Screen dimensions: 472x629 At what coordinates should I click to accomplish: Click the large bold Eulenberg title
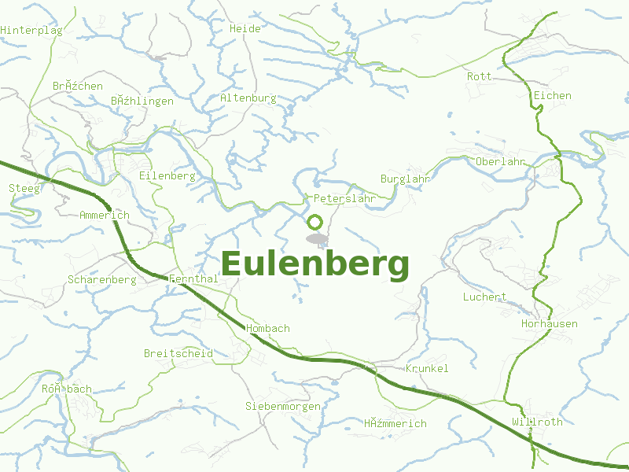tap(315, 264)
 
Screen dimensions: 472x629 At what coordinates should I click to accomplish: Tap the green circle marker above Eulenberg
tap(314, 223)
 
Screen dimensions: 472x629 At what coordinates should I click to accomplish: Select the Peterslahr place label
tap(344, 199)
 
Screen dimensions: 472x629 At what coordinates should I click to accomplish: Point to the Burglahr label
tap(405, 179)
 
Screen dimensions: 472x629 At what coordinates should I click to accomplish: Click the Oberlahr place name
tap(500, 161)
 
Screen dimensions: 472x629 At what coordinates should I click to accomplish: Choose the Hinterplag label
tap(31, 30)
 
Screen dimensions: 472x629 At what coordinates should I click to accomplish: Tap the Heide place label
tap(245, 28)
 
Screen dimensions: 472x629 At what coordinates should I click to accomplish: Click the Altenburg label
tap(248, 98)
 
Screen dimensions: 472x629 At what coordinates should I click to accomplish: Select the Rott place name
tap(479, 76)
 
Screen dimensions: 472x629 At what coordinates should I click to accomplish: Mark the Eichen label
tap(552, 96)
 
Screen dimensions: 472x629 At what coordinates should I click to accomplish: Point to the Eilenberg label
tap(167, 176)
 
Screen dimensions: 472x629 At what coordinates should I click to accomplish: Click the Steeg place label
tap(23, 188)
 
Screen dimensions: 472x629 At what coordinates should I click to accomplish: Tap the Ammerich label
tap(105, 216)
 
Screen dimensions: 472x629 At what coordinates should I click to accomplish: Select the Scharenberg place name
tap(102, 279)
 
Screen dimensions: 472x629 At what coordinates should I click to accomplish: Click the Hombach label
tap(268, 328)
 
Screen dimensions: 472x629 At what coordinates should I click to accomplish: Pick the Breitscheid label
tap(178, 353)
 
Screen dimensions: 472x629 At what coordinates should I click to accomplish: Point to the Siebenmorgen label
tap(283, 406)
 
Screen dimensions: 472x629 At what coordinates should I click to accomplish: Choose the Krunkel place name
tap(427, 368)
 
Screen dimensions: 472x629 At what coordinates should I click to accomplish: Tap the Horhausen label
tap(549, 323)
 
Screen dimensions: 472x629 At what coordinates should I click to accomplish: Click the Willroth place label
tap(537, 422)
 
